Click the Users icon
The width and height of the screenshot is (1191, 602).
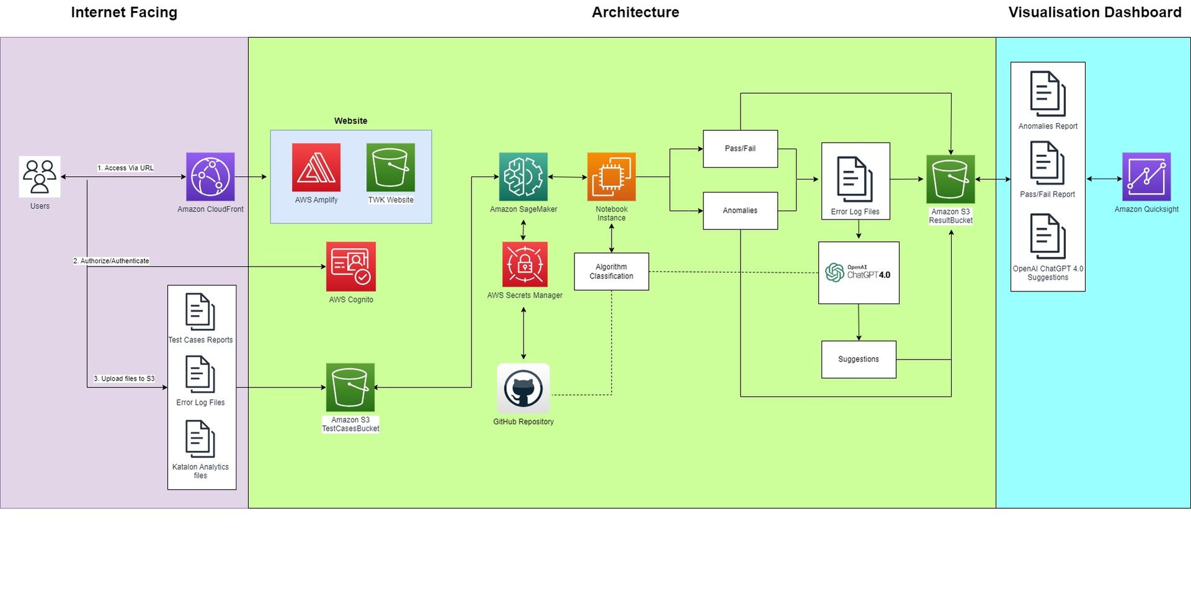[x=40, y=177]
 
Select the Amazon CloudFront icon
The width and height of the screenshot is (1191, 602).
[x=210, y=177]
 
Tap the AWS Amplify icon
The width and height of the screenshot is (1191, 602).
[x=316, y=167]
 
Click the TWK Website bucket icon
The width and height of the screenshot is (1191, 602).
[x=390, y=167]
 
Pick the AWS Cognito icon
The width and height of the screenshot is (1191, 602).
[x=351, y=267]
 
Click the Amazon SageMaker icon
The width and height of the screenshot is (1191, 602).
[x=523, y=177]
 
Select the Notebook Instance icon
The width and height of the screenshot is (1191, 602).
[x=611, y=177]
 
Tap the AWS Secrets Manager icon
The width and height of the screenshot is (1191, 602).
[x=525, y=265]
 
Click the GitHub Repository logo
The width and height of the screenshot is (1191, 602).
[x=523, y=389]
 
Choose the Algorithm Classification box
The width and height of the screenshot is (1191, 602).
[x=611, y=272]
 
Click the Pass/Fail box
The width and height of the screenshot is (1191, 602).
[x=740, y=149]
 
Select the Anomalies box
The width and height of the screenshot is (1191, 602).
[x=740, y=211]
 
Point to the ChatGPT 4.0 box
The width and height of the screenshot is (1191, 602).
[x=859, y=273]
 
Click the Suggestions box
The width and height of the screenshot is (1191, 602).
[x=859, y=360]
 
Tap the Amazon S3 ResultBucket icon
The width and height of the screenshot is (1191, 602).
[x=950, y=179]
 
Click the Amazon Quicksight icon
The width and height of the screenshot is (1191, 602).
[x=1146, y=177]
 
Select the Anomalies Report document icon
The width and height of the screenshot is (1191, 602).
[x=1048, y=94]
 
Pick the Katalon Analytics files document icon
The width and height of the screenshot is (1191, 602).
[x=200, y=439]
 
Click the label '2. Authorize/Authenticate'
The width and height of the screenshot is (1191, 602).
[x=111, y=261]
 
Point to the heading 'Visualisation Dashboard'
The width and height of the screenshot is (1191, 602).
[x=1094, y=12]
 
